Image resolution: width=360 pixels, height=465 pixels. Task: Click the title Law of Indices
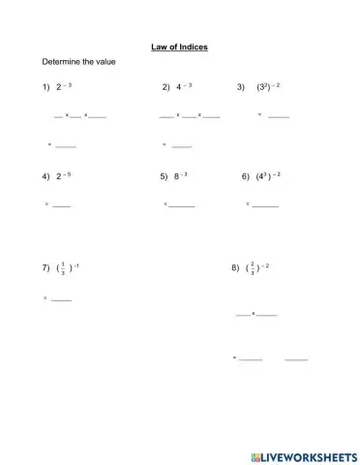click(x=180, y=46)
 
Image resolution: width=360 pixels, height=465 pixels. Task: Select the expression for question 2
click(x=184, y=87)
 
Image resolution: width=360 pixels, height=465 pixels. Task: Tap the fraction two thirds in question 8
click(x=252, y=266)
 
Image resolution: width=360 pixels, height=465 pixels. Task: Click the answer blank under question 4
click(x=61, y=205)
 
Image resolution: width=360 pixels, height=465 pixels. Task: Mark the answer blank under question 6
click(x=265, y=205)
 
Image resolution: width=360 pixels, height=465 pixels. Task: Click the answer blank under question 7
click(x=61, y=299)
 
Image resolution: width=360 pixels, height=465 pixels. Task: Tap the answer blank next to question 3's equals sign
click(x=279, y=116)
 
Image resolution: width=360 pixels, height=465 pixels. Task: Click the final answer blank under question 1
click(x=66, y=146)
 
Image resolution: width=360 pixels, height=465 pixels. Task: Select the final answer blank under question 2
click(x=181, y=146)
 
